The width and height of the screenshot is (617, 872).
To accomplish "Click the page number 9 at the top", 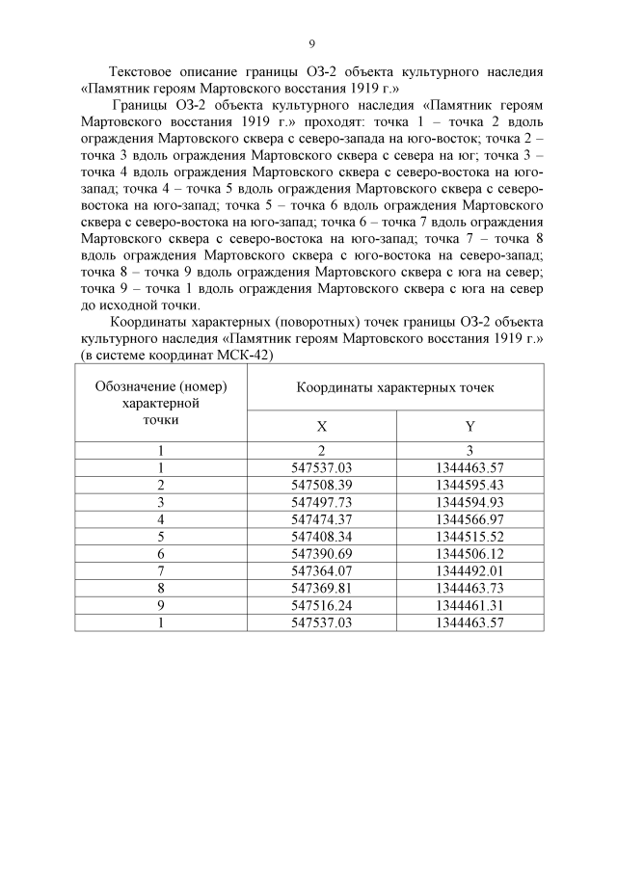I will coord(310,43).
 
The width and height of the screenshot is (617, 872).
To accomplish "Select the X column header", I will coord(321,426).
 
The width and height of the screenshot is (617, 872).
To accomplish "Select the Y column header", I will coord(469,426).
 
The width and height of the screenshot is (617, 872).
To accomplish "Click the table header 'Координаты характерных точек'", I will coord(394,387).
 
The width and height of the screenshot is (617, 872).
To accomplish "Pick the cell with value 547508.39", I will coord(321,484).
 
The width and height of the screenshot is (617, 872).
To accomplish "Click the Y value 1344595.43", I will coord(469,484).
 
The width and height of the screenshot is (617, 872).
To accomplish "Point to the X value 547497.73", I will coord(321,501).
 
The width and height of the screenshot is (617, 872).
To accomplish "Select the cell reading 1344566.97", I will coord(469,518).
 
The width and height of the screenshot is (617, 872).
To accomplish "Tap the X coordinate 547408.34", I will coord(321,536).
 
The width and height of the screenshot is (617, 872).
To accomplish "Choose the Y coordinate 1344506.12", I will coord(469,553).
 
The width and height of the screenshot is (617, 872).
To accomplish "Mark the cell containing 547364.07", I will coord(321,570).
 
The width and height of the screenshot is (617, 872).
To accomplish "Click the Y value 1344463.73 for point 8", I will coord(469,588).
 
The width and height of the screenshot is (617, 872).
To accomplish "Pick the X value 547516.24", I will coord(321,605).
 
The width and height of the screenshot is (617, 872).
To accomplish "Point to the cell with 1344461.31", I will coord(469,605).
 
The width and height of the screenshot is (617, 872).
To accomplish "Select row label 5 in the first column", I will coord(161,536).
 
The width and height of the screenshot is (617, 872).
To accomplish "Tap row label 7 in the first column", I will coord(161,570).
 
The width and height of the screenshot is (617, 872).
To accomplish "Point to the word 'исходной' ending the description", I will coord(130,305).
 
